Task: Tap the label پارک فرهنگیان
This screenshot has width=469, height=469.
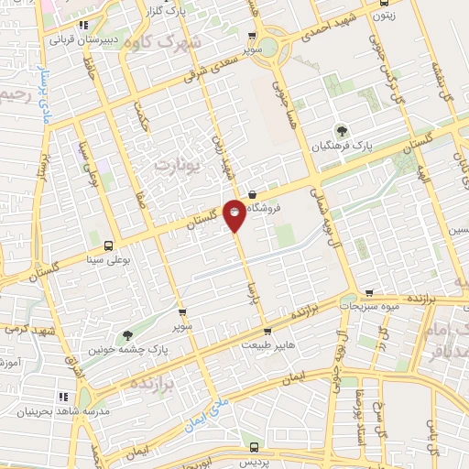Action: coord(343,147)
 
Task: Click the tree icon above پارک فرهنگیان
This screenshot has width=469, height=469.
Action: coord(343,130)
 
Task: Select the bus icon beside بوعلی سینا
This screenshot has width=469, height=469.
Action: coord(109,245)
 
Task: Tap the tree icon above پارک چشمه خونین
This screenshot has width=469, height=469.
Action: coord(126,334)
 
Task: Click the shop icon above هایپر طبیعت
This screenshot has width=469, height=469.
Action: coord(263,331)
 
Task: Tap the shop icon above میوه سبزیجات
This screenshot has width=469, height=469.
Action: coord(368,293)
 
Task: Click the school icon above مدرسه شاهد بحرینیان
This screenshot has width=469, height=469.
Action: coord(64,397)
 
